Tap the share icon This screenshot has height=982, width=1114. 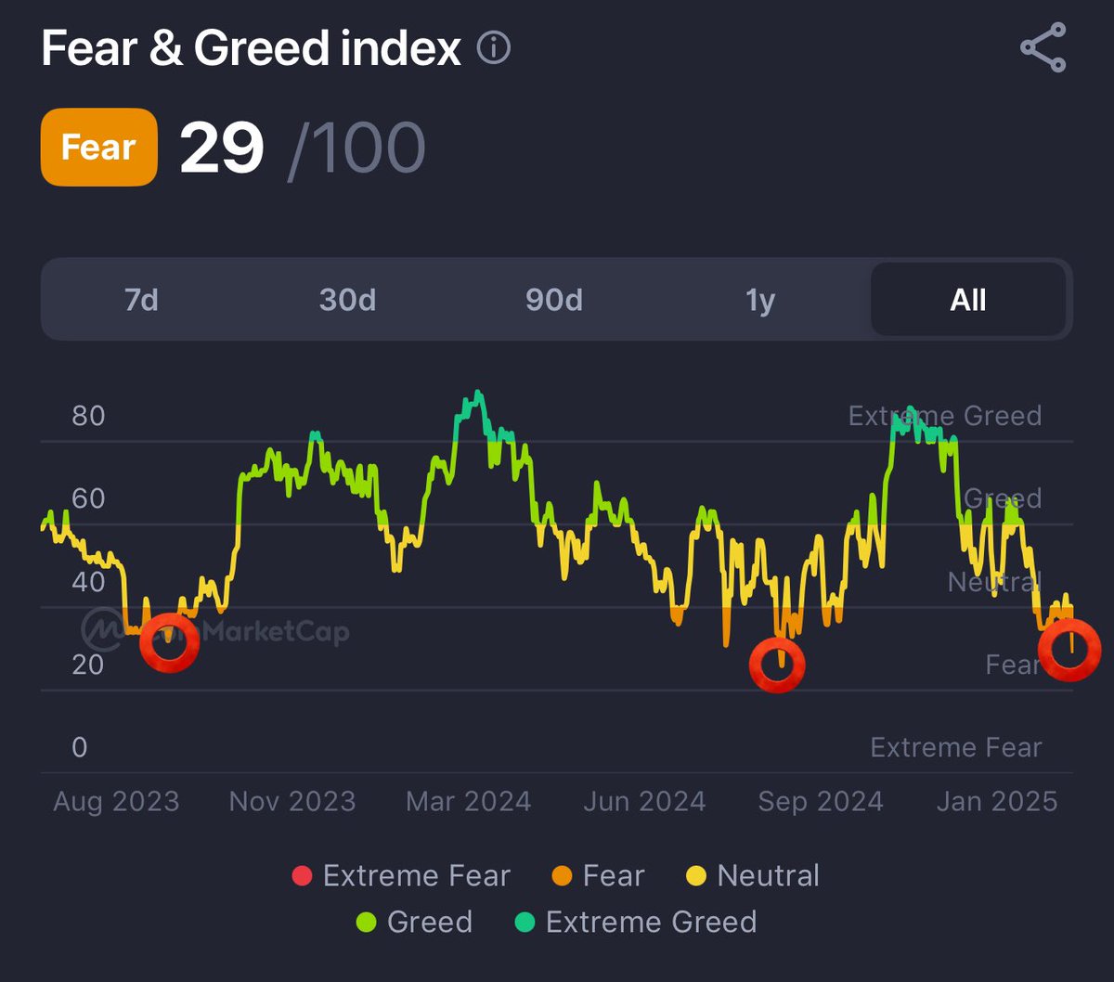1043,47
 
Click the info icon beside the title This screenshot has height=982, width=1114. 494,47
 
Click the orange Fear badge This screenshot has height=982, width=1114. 98,148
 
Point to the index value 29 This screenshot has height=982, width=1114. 222,148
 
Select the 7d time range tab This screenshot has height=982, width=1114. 141,300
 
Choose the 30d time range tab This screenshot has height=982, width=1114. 347,300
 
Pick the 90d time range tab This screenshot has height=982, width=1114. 554,300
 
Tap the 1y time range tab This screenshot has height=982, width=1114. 760,300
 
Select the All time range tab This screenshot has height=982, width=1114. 968,300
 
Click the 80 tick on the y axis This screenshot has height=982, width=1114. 88,416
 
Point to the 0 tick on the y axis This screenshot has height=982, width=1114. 80,747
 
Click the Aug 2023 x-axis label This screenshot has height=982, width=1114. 116,802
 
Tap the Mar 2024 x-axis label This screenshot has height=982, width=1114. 468,802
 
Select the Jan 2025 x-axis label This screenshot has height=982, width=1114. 997,802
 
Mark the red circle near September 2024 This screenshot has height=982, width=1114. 777,665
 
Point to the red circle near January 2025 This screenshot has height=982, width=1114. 1069,650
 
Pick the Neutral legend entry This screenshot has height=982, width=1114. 753,875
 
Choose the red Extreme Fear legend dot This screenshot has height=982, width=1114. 302,875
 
